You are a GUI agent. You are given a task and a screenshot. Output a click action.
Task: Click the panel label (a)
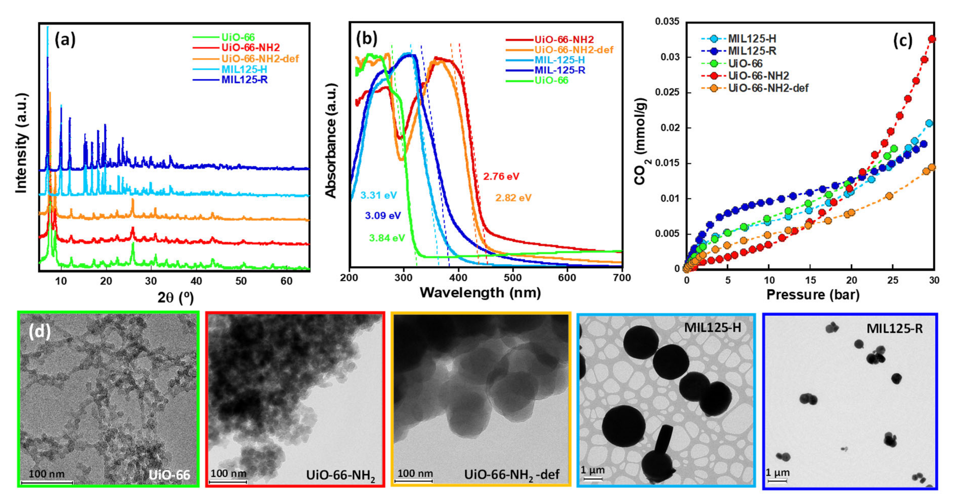(65, 39)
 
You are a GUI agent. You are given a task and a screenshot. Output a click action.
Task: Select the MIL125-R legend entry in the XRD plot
(244, 80)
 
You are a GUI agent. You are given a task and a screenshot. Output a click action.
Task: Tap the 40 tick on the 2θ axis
(196, 281)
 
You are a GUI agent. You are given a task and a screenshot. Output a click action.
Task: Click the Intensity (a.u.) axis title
(22, 143)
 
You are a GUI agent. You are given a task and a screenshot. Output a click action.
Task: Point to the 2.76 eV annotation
(501, 177)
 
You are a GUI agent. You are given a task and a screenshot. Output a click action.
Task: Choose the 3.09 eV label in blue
(383, 215)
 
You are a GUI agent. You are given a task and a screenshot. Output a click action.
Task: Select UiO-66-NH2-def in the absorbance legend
(573, 50)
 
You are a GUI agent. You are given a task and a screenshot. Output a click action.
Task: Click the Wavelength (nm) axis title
(480, 293)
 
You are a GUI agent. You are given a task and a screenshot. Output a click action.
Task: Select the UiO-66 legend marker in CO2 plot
(713, 63)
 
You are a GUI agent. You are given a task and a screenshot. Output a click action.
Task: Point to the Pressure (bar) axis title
(813, 294)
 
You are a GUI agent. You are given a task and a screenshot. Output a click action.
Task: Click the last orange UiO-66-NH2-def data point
(932, 167)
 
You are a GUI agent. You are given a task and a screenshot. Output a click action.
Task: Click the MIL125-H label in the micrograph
(712, 327)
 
